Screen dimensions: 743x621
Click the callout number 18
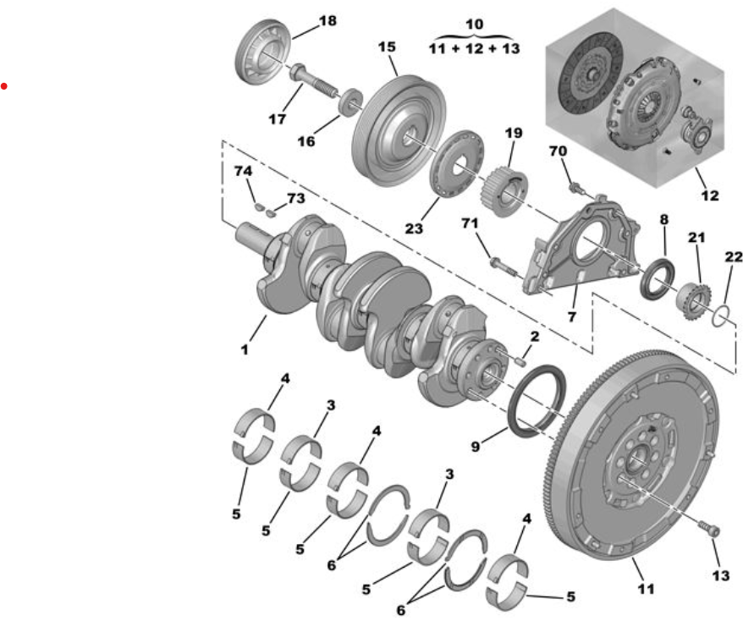(x=327, y=21)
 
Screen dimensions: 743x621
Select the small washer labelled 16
(x=351, y=101)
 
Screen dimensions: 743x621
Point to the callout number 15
(x=387, y=47)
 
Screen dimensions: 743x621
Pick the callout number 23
(x=413, y=228)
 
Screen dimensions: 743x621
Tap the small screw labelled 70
(x=575, y=189)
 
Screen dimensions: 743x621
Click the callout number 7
(x=572, y=316)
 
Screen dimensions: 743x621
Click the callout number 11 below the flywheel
(x=646, y=589)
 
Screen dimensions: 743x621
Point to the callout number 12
(x=709, y=195)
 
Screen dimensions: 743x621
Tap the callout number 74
(x=243, y=171)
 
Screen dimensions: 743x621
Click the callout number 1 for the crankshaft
(x=245, y=350)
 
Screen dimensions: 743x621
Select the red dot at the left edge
(x=3, y=86)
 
